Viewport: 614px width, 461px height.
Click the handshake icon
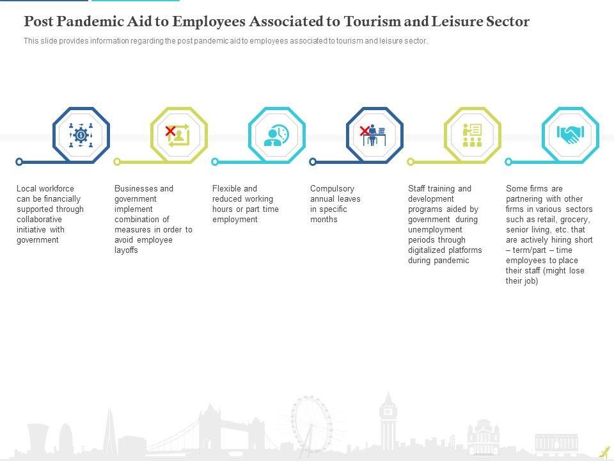570,134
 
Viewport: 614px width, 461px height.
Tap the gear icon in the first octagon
81,135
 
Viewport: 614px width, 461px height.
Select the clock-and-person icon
277,135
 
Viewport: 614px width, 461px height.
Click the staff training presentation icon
472,135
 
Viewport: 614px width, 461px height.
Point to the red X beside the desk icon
365,131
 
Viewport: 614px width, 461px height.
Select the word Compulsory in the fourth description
332,189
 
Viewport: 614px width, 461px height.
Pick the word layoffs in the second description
127,250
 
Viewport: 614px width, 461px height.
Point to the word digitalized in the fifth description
428,250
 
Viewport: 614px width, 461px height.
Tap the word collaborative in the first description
39,220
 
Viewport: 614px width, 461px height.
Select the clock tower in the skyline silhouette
388,416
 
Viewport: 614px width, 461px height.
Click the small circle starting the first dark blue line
19,162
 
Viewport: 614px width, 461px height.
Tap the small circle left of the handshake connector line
508,162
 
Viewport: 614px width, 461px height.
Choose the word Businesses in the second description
136,189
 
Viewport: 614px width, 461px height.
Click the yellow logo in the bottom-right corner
604,452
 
